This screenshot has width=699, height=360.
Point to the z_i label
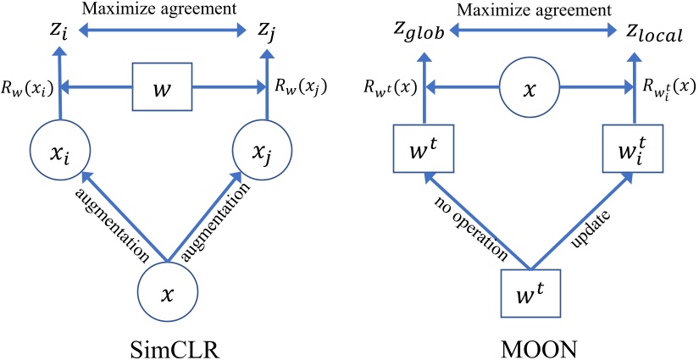click(x=60, y=34)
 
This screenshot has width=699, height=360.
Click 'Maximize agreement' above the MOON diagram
click(x=535, y=11)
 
